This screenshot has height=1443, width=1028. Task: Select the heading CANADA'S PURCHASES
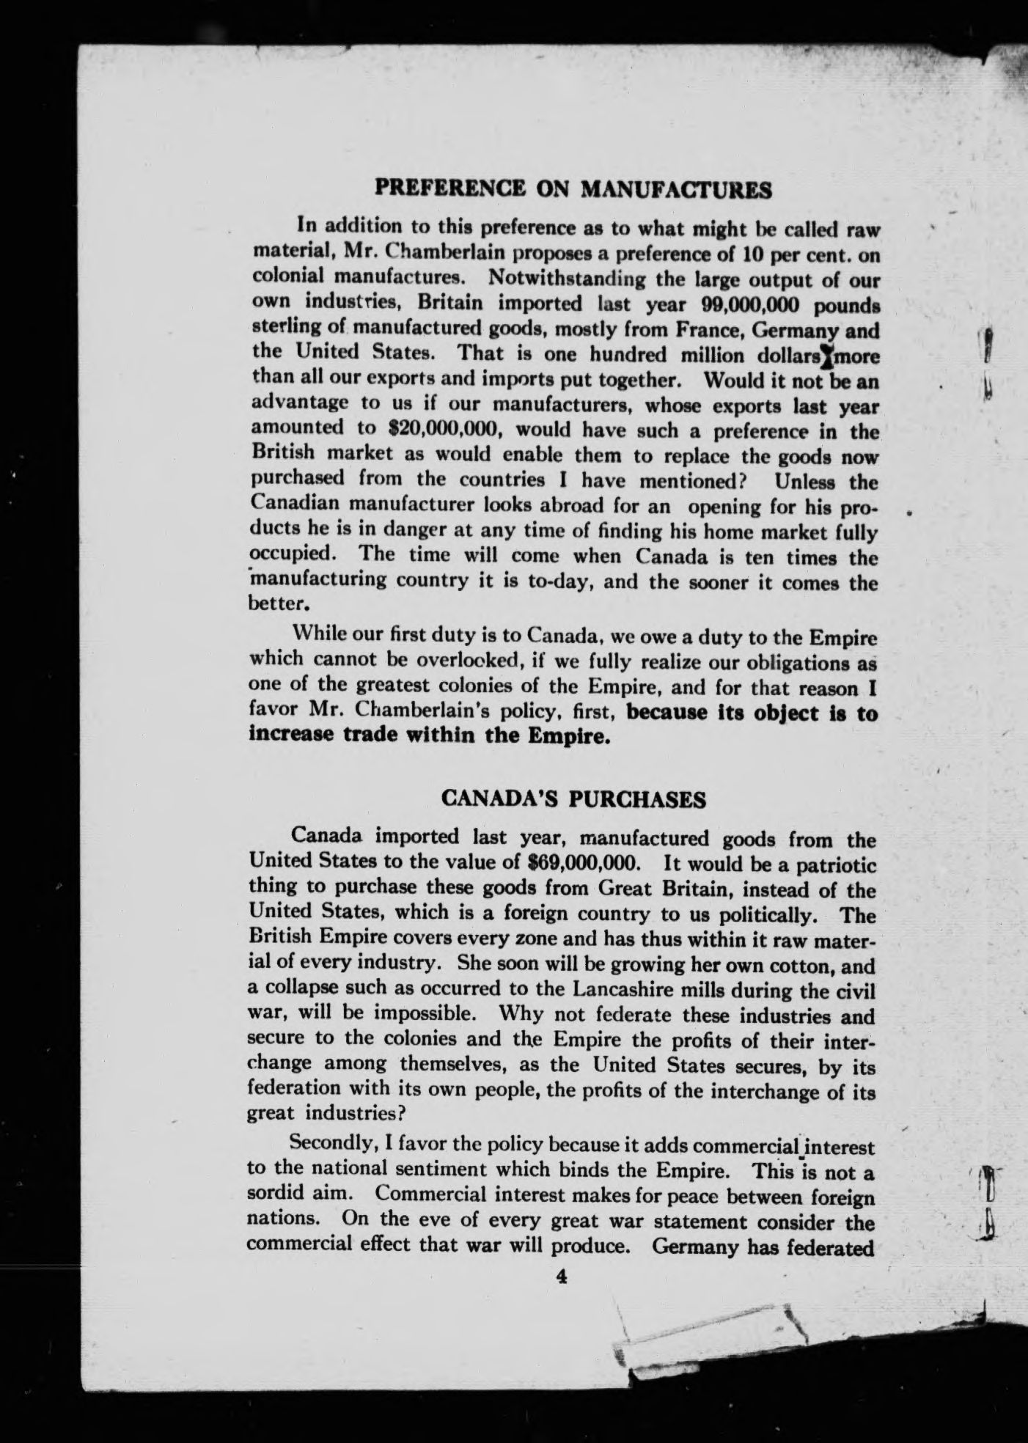point(574,798)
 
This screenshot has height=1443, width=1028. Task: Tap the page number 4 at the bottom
point(562,1277)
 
